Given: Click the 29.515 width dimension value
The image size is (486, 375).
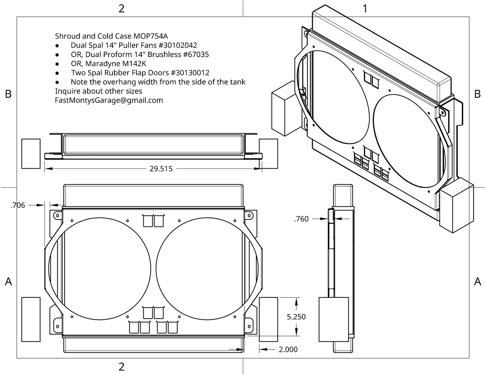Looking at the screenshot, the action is point(161,169).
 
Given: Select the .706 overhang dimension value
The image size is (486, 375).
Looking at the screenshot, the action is point(18,205).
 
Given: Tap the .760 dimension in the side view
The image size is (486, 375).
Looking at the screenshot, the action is point(301,219).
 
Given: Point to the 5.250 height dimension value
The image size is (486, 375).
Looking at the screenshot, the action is point(296,317).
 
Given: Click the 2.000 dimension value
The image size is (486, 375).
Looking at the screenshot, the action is point(288,349).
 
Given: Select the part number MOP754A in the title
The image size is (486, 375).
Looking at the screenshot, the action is point(151,36).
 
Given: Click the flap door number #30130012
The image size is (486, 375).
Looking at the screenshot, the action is point(190,73).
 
